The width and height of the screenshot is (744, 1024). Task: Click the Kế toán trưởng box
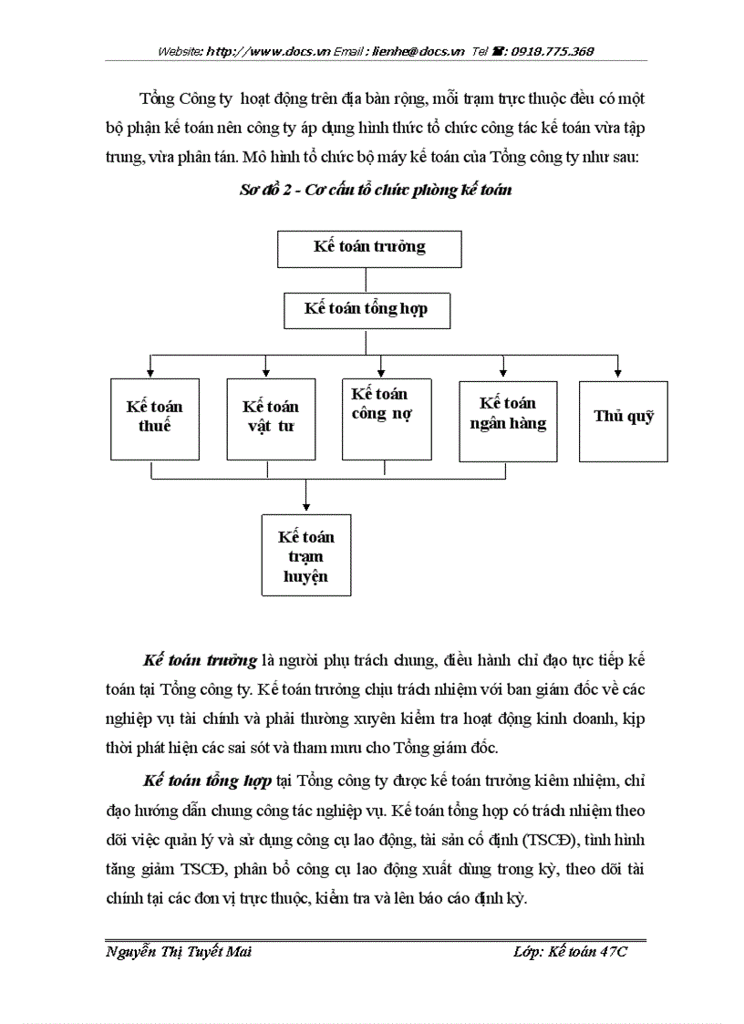click(x=368, y=248)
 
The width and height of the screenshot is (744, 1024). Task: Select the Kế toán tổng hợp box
click(x=366, y=310)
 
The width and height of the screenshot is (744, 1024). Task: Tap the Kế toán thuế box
click(x=154, y=419)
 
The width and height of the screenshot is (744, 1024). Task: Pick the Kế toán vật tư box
click(x=271, y=419)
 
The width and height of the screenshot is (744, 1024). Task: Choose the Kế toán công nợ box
click(x=386, y=419)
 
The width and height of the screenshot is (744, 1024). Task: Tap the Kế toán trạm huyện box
click(x=305, y=554)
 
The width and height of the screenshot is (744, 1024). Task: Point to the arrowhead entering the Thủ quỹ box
click(x=618, y=373)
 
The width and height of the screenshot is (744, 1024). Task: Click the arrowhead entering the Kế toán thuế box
click(x=150, y=373)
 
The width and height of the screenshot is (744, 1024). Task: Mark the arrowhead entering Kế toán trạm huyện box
click(x=305, y=507)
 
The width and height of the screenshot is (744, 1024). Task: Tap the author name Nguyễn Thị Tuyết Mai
click(x=179, y=952)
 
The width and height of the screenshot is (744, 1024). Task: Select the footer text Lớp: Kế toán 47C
click(x=571, y=952)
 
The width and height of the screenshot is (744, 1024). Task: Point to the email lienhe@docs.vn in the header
click(x=418, y=52)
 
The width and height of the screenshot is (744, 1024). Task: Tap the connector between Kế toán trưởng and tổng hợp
click(x=366, y=280)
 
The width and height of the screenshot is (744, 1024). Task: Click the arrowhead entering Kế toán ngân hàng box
click(x=502, y=373)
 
